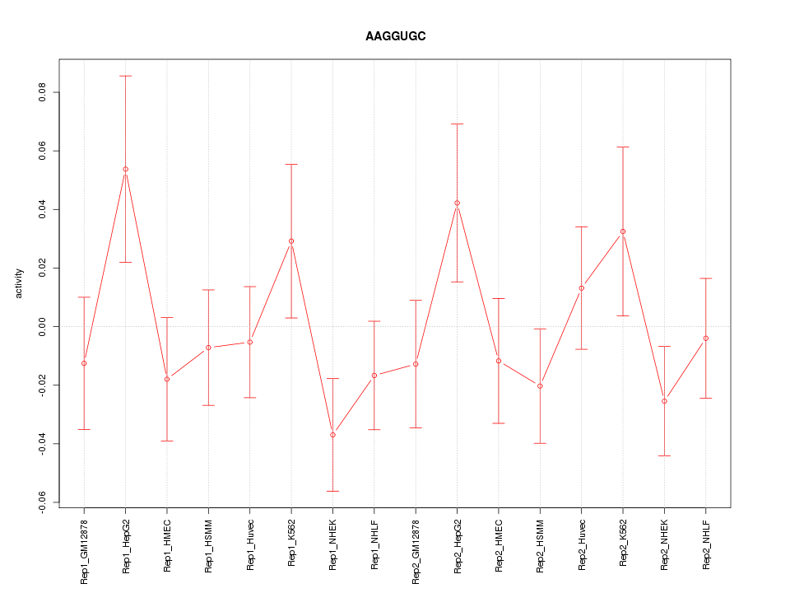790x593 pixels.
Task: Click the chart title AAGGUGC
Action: (x=395, y=37)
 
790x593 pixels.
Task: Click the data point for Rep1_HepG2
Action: (x=126, y=169)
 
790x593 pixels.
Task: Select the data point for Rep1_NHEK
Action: (x=332, y=435)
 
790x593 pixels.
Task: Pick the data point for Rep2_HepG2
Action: (x=457, y=203)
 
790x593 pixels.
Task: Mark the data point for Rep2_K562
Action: (x=623, y=231)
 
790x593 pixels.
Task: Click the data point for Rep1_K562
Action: (x=291, y=241)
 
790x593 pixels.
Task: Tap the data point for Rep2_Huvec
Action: (x=581, y=287)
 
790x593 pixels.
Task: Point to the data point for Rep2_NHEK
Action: (x=664, y=401)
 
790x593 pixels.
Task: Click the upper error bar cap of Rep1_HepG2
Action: (x=126, y=76)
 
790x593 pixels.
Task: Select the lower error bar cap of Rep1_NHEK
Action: (x=332, y=491)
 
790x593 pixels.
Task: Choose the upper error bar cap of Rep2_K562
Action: (x=623, y=147)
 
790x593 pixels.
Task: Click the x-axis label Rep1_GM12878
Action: (x=85, y=550)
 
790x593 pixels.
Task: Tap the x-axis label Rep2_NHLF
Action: (x=706, y=544)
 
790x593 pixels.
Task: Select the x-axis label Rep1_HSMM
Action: (x=209, y=544)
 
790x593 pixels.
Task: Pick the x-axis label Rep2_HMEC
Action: (x=499, y=544)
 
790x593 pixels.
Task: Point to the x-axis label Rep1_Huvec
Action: (x=250, y=544)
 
